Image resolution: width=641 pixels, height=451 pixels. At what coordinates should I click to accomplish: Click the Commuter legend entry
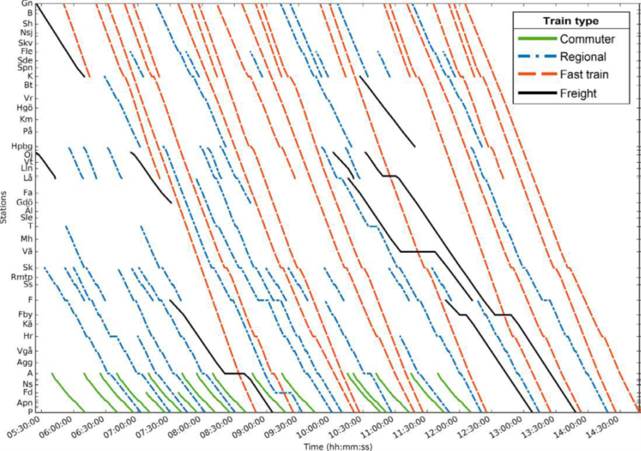pos(587,39)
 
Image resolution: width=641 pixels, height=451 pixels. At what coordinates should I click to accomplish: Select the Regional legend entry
pos(583,57)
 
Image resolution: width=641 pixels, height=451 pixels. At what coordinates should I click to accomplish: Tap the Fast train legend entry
pos(585,75)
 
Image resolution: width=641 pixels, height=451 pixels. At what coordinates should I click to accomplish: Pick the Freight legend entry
pos(578,94)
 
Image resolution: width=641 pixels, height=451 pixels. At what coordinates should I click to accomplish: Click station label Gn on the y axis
pos(27,4)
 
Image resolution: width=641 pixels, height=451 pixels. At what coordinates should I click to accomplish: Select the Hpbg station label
pos(23,147)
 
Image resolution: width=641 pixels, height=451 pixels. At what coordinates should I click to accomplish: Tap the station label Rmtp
pos(22,276)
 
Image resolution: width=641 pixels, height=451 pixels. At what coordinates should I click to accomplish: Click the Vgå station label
pos(24,351)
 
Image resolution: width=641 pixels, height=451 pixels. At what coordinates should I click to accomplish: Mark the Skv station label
pos(25,43)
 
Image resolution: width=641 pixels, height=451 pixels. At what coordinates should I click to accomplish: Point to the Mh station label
pos(26,239)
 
